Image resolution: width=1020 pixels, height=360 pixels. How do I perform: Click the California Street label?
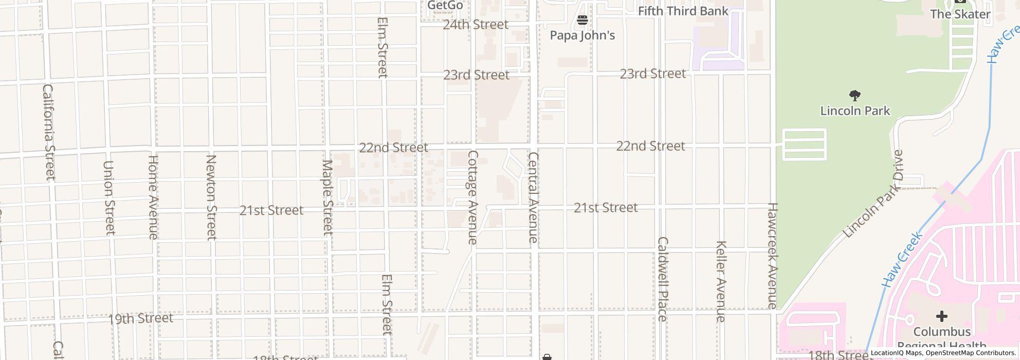click(48, 132)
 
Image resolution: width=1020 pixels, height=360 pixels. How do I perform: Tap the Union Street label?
click(108, 198)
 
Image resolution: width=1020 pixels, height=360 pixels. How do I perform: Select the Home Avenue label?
click(153, 197)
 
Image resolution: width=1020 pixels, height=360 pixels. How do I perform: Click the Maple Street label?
click(327, 197)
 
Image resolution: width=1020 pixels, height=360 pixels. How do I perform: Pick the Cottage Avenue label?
click(473, 197)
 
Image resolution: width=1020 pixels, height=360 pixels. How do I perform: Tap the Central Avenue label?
click(533, 197)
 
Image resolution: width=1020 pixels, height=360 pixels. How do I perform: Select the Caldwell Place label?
click(662, 279)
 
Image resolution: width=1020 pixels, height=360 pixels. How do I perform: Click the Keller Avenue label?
click(721, 281)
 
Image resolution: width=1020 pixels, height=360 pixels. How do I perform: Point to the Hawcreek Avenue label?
click(772, 256)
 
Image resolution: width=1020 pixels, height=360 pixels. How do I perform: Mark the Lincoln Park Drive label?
click(875, 194)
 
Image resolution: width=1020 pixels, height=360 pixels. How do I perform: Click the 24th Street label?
click(476, 25)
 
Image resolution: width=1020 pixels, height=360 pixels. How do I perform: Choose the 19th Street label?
click(140, 319)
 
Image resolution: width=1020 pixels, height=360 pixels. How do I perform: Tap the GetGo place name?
click(445, 6)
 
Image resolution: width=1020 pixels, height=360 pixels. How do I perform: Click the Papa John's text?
click(582, 35)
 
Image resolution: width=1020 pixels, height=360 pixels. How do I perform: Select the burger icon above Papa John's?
click(582, 21)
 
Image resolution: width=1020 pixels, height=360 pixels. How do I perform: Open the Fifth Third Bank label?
click(683, 11)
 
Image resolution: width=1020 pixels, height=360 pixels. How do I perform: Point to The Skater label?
click(960, 14)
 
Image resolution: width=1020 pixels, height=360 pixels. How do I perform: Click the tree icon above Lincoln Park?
click(855, 96)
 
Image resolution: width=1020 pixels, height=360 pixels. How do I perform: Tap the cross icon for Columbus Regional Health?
click(942, 316)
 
